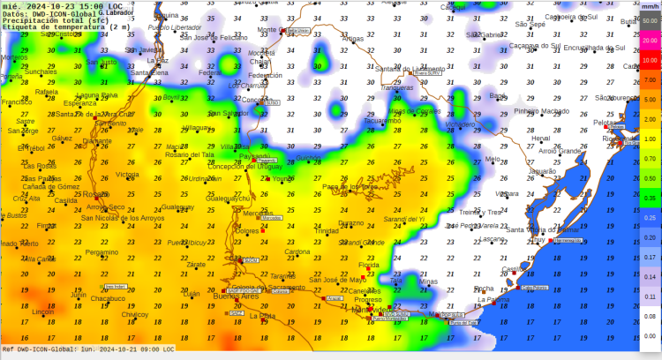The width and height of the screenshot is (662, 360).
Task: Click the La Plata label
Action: tap(262, 315)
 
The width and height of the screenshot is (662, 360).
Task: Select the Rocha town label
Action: tap(484, 289)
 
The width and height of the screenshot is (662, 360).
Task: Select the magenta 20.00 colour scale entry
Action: tap(649, 41)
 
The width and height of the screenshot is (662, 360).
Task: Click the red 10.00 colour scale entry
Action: tap(649, 60)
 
